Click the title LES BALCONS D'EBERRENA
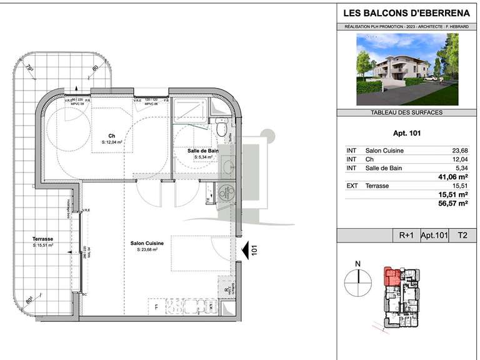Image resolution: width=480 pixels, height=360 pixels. pyautogui.click(x=407, y=12)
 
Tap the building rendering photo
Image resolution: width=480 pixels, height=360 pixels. pyautogui.click(x=407, y=69)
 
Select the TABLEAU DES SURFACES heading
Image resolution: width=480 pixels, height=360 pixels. pyautogui.click(x=407, y=112)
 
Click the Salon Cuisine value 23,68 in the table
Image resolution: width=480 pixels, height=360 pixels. pyautogui.click(x=459, y=151)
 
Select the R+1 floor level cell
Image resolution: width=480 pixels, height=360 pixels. pyautogui.click(x=406, y=236)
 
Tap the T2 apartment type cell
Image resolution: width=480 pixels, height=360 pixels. pyautogui.click(x=462, y=236)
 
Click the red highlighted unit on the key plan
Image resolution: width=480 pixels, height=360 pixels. pyautogui.click(x=392, y=276)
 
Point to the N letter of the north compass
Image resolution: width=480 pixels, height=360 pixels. pyautogui.click(x=357, y=264)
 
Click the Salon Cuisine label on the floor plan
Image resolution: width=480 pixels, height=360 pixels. pyautogui.click(x=147, y=243)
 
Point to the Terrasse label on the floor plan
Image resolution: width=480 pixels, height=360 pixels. pyautogui.click(x=42, y=239)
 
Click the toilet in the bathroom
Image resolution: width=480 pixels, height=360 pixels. pyautogui.click(x=221, y=129)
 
